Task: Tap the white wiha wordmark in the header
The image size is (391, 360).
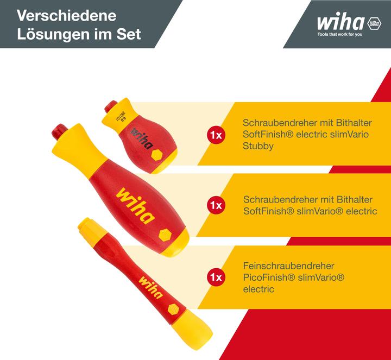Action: point(341,23)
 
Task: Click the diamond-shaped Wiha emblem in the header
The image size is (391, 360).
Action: point(374,23)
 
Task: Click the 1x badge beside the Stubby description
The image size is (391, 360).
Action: point(215,135)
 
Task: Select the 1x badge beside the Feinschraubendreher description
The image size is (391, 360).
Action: point(215,277)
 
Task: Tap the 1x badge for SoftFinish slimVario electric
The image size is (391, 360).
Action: point(215,205)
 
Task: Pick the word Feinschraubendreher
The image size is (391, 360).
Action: point(288,266)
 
